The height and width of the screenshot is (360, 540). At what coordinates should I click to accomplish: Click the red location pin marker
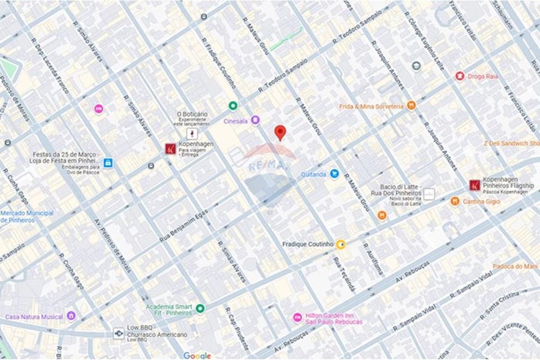pyautogui.click(x=280, y=132)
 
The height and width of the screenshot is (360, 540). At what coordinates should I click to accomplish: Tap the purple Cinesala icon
pyautogui.click(x=255, y=120)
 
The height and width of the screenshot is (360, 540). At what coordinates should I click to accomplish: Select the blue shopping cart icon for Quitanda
pyautogui.click(x=334, y=174)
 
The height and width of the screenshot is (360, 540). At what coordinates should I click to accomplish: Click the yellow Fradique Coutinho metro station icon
pyautogui.click(x=341, y=244)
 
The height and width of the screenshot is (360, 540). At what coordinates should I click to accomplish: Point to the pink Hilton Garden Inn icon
pyautogui.click(x=296, y=317)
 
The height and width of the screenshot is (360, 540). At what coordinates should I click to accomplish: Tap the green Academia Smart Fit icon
pyautogui.click(x=200, y=309)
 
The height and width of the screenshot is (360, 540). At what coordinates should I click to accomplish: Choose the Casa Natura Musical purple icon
pyautogui.click(x=71, y=316)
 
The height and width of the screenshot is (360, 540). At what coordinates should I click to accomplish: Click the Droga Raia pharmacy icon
pyautogui.click(x=460, y=76)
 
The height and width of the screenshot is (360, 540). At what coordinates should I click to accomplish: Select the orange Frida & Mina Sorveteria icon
pyautogui.click(x=411, y=106)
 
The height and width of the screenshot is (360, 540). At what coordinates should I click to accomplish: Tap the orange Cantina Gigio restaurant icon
pyautogui.click(x=455, y=201)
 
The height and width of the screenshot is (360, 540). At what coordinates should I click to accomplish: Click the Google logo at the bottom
pyautogui.click(x=197, y=355)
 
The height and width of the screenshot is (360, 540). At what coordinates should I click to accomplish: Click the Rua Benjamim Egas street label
pyautogui.click(x=184, y=226)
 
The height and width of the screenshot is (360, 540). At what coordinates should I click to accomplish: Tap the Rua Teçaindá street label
pyautogui.click(x=344, y=274)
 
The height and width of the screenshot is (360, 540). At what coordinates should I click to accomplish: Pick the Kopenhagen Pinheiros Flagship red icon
pyautogui.click(x=474, y=185)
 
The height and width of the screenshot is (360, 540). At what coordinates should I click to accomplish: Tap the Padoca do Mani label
pyautogui.click(x=515, y=266)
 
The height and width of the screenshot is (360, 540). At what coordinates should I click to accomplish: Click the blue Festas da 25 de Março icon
pyautogui.click(x=108, y=162)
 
